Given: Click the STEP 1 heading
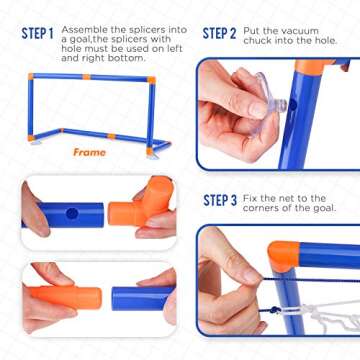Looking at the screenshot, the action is pyautogui.click(x=37, y=34).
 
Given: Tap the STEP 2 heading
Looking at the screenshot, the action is pyautogui.click(x=219, y=34).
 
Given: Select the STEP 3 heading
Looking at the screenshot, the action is pyautogui.click(x=220, y=201).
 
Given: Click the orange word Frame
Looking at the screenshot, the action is pyautogui.click(x=90, y=152).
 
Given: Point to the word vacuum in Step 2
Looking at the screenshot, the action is pyautogui.click(x=300, y=31).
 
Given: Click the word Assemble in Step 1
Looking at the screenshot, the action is pyautogui.click(x=80, y=30).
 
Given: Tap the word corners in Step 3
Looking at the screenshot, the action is pyautogui.click(x=259, y=208).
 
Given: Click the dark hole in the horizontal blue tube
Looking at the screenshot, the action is pyautogui.click(x=72, y=214).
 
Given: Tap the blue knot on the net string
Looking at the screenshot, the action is pyautogui.click(x=275, y=310).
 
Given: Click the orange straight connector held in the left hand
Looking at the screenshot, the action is pyautogui.click(x=66, y=297).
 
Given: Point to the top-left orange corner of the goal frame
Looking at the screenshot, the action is pyautogui.click(x=31, y=76).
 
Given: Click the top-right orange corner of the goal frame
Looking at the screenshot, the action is pyautogui.click(x=151, y=80).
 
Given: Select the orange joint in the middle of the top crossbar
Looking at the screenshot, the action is pyautogui.click(x=87, y=77).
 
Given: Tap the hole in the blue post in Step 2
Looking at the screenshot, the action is pyautogui.click(x=293, y=105).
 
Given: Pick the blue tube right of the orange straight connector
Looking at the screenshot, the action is pyautogui.click(x=143, y=298).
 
